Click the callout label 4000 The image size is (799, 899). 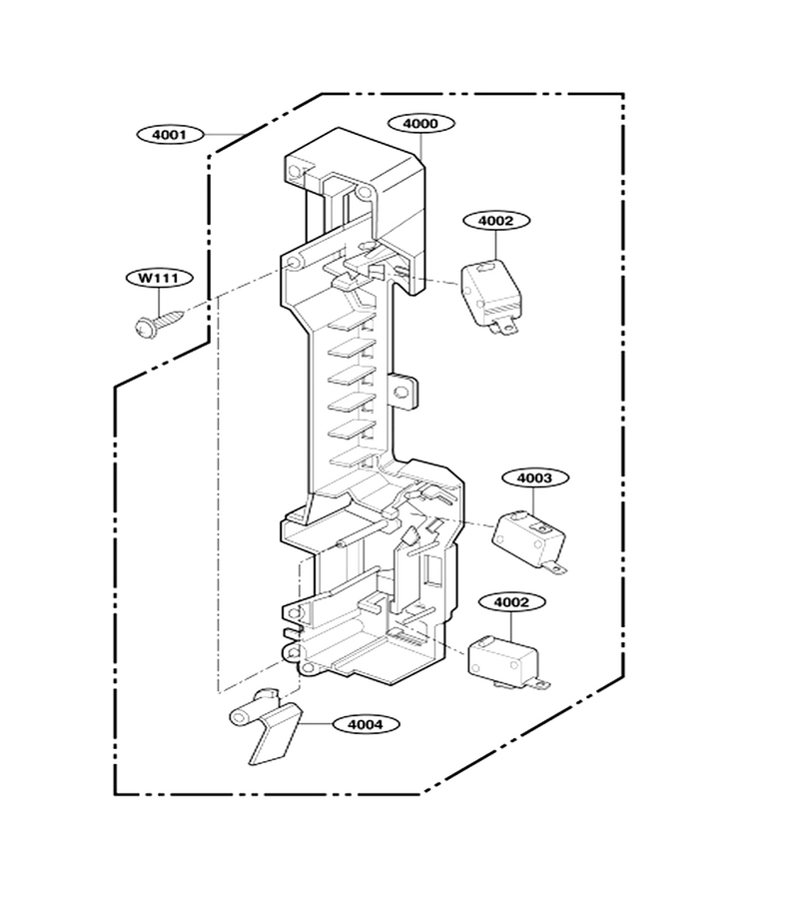420,123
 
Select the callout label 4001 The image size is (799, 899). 170,135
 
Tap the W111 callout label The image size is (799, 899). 160,278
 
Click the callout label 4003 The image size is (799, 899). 534,477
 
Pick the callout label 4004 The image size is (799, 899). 366,725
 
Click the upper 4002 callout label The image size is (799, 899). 495,221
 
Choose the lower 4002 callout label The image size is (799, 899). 511,602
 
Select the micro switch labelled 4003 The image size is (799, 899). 529,540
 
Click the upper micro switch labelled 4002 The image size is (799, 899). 492,296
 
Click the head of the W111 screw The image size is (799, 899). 142,328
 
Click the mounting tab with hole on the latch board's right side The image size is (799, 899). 404,392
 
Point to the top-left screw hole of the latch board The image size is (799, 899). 295,171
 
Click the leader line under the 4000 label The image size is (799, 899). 422,146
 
